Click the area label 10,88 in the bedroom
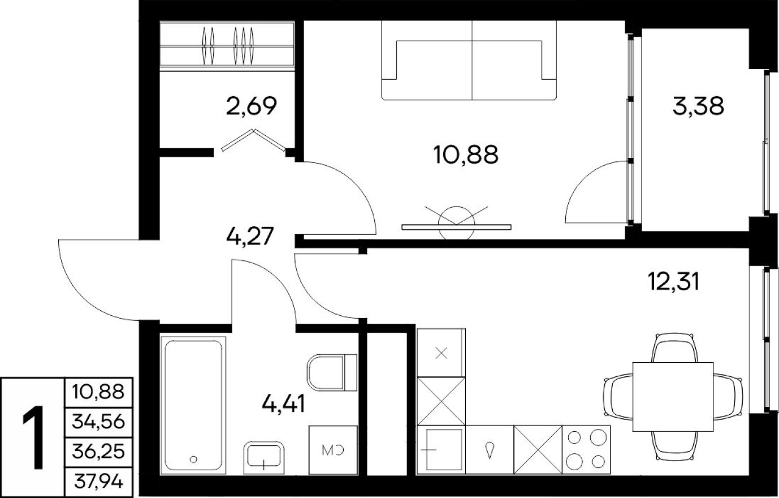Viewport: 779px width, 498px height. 466,154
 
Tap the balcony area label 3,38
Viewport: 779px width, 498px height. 698,106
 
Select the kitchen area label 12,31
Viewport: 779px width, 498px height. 673,280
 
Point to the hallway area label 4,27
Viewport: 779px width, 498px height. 249,235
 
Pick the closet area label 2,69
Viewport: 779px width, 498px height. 251,106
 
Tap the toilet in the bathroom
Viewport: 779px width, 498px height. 331,372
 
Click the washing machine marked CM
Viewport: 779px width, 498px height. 333,450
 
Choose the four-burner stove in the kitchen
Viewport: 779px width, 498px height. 586,449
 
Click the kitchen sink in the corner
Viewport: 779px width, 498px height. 440,449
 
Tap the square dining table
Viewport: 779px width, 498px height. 671,396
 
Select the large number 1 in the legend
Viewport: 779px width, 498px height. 34,439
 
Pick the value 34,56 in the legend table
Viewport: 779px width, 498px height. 98,422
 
